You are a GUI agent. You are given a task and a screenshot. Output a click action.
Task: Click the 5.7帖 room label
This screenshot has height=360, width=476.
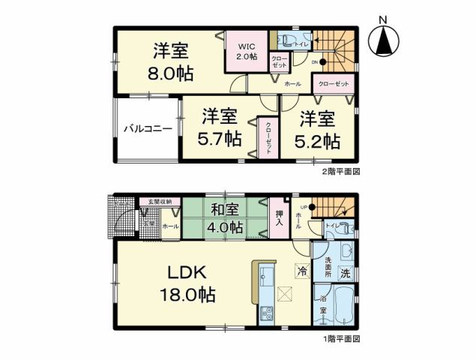click(219, 128)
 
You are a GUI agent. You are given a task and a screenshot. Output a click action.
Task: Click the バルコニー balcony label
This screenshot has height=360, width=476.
click(148, 129)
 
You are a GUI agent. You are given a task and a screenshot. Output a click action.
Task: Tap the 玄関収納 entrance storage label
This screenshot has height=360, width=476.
click(159, 202)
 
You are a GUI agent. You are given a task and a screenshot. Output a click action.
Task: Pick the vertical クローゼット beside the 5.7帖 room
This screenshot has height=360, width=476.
click(268, 137)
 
